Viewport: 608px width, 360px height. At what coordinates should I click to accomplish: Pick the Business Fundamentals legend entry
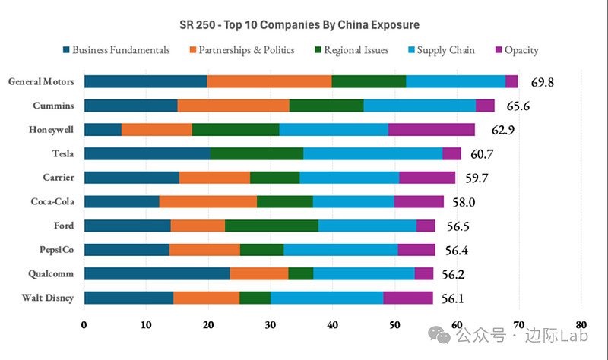pos(122,50)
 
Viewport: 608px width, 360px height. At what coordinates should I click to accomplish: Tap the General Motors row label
pos(40,81)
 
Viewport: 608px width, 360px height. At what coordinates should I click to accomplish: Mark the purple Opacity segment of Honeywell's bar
pos(431,129)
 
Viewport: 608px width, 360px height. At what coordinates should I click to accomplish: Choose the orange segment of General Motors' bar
pos(269,81)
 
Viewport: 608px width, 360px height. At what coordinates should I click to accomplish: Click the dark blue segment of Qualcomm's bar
pos(157,273)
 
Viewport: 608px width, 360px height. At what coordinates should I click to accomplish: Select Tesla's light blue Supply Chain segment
pos(372,153)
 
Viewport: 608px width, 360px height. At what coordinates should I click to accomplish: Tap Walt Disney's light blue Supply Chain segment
pos(326,298)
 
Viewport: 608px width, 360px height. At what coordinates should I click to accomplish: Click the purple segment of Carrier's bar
pos(427,178)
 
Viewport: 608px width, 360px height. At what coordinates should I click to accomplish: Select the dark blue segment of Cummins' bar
pos(130,106)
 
